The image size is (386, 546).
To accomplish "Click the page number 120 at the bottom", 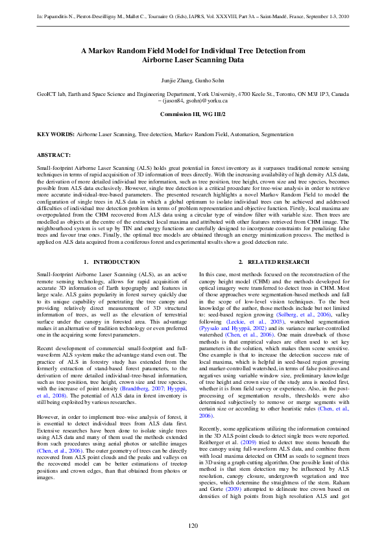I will (x=193, y=525).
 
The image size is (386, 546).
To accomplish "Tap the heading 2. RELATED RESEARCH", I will (x=273, y=262).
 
